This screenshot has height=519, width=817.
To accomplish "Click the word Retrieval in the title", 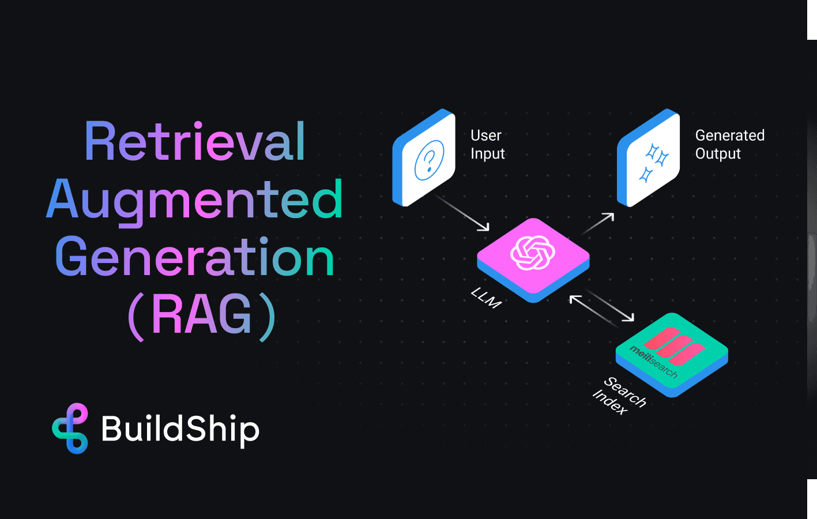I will (195, 142).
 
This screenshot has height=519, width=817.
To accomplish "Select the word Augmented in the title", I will (195, 200).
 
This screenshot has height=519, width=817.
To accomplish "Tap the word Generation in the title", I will (195, 257).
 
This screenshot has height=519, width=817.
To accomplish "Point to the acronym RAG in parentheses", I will (202, 315).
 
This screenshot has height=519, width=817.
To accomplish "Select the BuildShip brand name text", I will (180, 429).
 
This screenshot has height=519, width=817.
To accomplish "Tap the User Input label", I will (487, 144).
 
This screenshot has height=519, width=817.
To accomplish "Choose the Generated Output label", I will (729, 144).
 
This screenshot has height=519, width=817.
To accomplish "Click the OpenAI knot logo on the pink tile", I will (533, 253).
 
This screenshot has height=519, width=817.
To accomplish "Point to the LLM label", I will (485, 298).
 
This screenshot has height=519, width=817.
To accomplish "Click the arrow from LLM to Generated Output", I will (598, 223).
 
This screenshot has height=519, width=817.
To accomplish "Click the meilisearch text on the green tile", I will (653, 362).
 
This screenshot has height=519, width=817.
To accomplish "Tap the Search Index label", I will (619, 396).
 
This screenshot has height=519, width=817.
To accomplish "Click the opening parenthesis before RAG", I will (135, 317).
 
